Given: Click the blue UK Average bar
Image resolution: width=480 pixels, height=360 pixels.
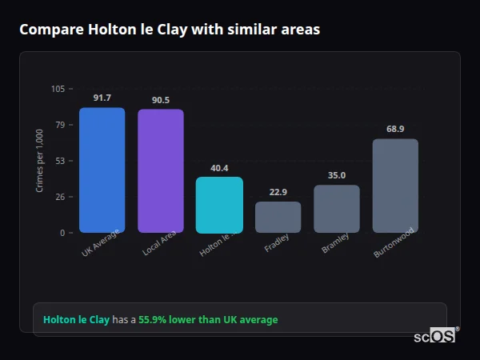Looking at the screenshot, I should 102,170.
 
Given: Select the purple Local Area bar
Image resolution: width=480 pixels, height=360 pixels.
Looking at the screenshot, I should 160,171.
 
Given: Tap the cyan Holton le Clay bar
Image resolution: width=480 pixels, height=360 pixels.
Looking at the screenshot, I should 219,205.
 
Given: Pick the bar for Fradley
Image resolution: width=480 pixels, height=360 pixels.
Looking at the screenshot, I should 278,217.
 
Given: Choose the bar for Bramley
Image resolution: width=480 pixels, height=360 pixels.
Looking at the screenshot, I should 336,209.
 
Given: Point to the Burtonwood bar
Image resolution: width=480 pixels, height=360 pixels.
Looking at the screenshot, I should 395,186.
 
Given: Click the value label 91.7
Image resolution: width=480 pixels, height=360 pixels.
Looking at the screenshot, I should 102,98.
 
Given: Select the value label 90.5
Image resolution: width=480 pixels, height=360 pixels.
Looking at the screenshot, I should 161,100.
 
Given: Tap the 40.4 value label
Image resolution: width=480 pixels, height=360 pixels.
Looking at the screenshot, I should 219,168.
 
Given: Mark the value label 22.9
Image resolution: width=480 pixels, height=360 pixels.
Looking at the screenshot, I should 278,192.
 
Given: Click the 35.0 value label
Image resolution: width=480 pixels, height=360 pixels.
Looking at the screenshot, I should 336,176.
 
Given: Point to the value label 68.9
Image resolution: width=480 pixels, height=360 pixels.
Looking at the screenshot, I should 395,129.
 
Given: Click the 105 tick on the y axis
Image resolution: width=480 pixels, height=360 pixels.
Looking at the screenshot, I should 58,89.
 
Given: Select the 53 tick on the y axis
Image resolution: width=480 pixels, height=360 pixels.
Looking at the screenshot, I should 60,161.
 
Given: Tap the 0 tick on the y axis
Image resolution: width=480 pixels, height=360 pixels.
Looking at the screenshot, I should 62,233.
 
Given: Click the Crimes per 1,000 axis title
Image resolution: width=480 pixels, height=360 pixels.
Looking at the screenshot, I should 40,161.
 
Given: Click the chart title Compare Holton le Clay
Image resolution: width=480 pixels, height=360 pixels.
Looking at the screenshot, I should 170,30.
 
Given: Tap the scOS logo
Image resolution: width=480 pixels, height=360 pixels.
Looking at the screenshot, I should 434,336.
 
